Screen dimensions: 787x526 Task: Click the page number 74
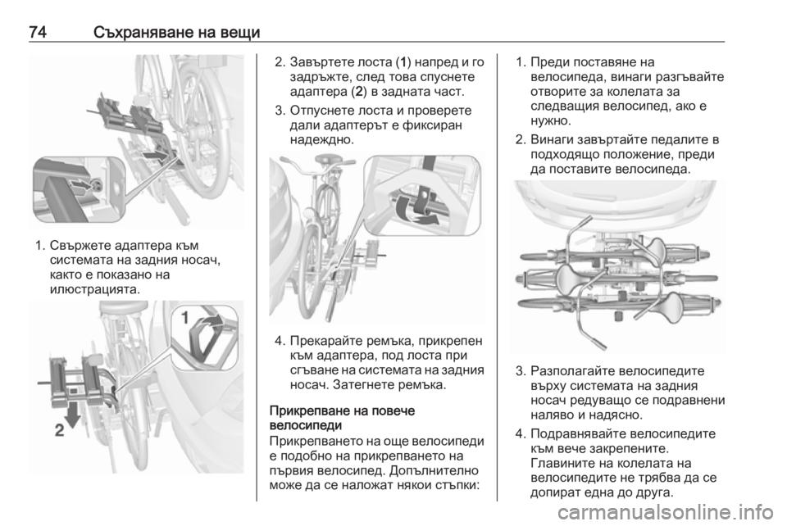(38, 32)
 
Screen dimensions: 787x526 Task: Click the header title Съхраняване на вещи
(177, 33)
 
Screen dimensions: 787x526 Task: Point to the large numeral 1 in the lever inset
(184, 317)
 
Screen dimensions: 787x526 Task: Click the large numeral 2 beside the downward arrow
(59, 430)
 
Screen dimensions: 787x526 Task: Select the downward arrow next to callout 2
(72, 415)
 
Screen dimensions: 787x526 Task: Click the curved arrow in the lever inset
(207, 324)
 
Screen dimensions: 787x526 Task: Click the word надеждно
(322, 140)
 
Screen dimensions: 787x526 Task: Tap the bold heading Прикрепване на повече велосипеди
(343, 418)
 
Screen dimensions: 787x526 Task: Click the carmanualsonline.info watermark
(666, 512)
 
